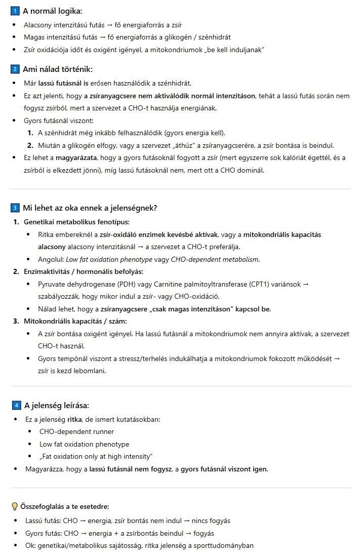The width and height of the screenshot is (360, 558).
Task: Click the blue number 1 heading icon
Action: tap(15, 11)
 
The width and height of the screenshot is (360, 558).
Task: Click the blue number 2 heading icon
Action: tap(15, 69)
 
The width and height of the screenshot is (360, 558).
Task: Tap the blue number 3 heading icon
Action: tap(15, 208)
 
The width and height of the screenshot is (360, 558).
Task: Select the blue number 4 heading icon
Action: tap(16, 405)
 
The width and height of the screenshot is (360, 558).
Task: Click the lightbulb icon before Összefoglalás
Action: tap(15, 506)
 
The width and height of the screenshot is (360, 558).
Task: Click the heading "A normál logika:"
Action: tap(52, 11)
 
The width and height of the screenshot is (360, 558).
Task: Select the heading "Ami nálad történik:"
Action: tap(58, 69)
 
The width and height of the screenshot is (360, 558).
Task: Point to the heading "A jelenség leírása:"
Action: tap(57, 405)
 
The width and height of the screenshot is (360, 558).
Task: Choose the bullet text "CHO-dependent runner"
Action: tap(76, 431)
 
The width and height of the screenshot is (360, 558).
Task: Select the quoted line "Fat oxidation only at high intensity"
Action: tap(96, 456)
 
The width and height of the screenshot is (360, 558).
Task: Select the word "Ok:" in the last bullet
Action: tap(31, 545)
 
